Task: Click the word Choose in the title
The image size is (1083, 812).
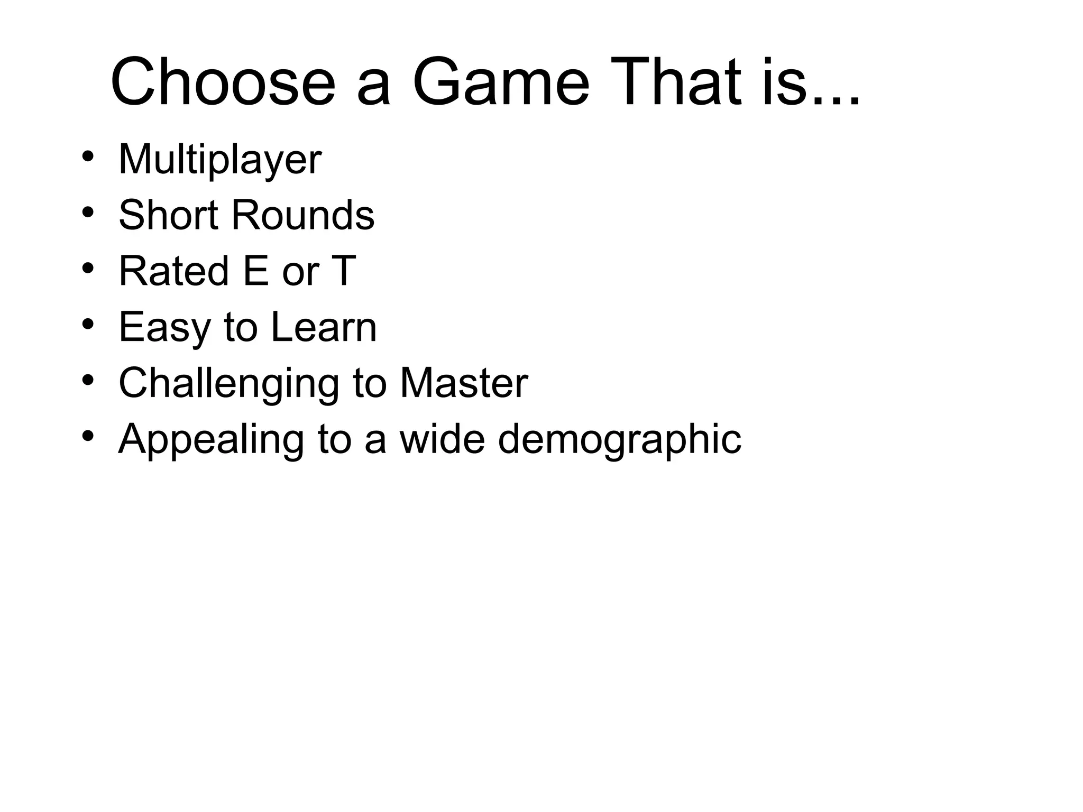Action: [x=223, y=83]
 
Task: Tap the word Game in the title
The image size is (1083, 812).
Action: [x=500, y=83]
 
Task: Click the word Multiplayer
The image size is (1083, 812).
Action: [x=219, y=159]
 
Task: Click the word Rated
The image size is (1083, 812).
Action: [x=173, y=271]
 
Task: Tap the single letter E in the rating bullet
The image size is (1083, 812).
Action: [x=255, y=271]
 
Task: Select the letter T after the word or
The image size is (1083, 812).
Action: [x=343, y=271]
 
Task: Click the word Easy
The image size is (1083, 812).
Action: [x=164, y=327]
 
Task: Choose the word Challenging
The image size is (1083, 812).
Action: [x=228, y=383]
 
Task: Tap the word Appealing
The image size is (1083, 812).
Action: [x=211, y=439]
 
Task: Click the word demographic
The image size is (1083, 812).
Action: [x=619, y=439]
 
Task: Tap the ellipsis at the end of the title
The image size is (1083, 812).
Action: [x=834, y=102]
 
